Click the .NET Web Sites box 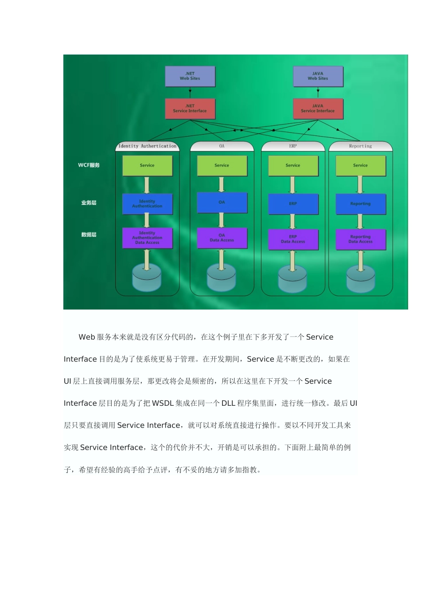(190, 76)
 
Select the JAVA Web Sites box (318, 76)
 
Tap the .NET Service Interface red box (190, 109)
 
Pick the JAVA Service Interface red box (318, 109)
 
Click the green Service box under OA (222, 165)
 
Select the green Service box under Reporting (360, 165)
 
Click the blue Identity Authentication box (147, 204)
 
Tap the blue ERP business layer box (293, 204)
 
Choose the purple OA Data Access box (222, 238)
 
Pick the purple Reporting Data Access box (360, 239)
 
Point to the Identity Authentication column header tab (147, 146)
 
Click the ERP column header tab (293, 146)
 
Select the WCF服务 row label (89, 165)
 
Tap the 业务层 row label (89, 203)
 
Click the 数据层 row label (89, 235)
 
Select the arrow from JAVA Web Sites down (318, 93)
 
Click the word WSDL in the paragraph (163, 404)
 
